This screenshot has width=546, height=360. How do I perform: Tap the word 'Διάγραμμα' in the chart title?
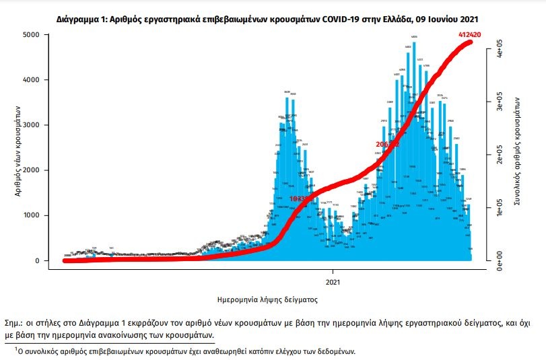click(79, 20)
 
